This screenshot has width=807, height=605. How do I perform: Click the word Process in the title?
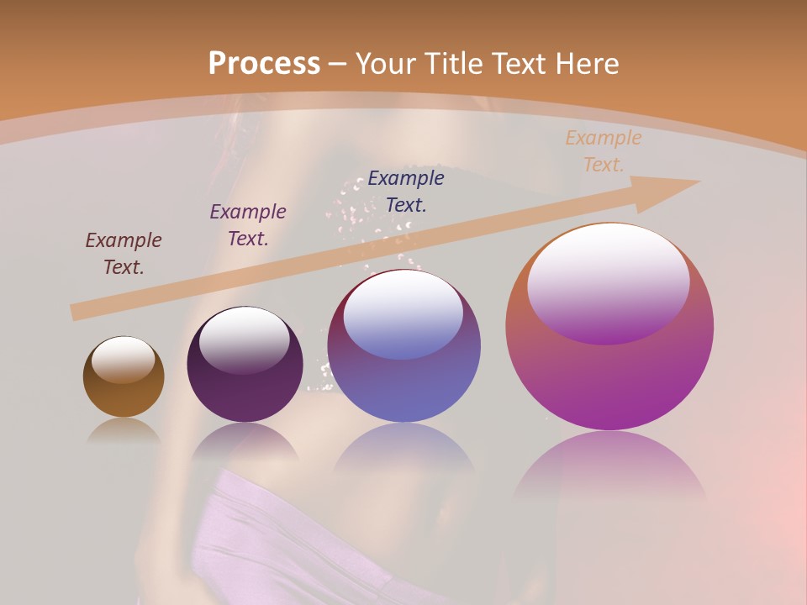coord(264,64)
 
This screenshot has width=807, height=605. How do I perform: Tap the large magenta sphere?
coord(609,378)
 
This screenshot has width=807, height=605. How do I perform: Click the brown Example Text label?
coord(124,254)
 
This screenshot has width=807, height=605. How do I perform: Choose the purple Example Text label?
coord(248,225)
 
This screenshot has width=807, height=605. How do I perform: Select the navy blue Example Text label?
coord(406,192)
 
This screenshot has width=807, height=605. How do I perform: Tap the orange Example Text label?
coord(604,151)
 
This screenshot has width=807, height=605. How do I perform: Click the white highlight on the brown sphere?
coord(124,360)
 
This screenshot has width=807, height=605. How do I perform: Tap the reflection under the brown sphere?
coord(124,431)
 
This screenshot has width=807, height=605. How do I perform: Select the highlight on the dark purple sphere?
coord(244,339)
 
